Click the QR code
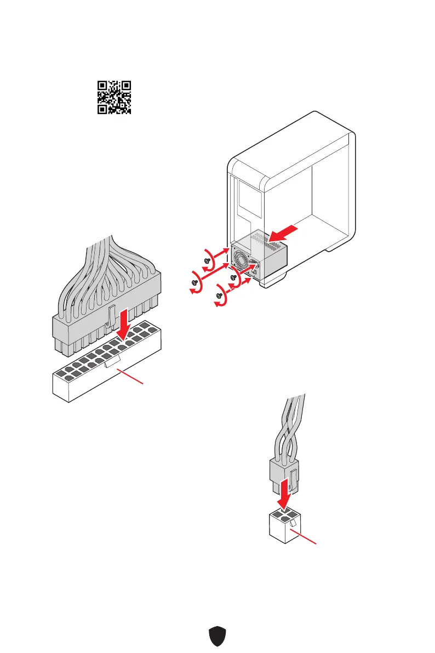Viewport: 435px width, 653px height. click(x=115, y=97)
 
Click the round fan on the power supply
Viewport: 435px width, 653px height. click(x=242, y=258)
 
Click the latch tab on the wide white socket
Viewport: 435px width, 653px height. click(x=112, y=361)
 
